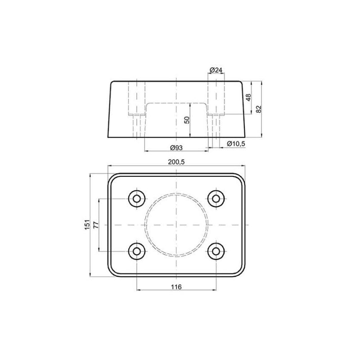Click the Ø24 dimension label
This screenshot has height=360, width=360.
point(216,70)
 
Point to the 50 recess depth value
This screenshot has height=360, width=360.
point(187,119)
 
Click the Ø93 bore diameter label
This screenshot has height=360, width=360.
point(176,148)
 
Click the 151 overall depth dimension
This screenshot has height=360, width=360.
point(87,225)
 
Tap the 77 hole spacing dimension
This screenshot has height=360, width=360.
point(95,225)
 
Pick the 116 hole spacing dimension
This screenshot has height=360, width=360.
point(176,287)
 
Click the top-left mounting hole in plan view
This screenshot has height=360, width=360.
point(136,198)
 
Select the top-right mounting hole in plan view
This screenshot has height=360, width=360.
point(216,198)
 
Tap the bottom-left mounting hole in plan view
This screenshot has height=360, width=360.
point(136,251)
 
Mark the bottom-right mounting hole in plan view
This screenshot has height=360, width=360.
point(216,251)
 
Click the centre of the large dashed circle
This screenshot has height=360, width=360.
point(176,224)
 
